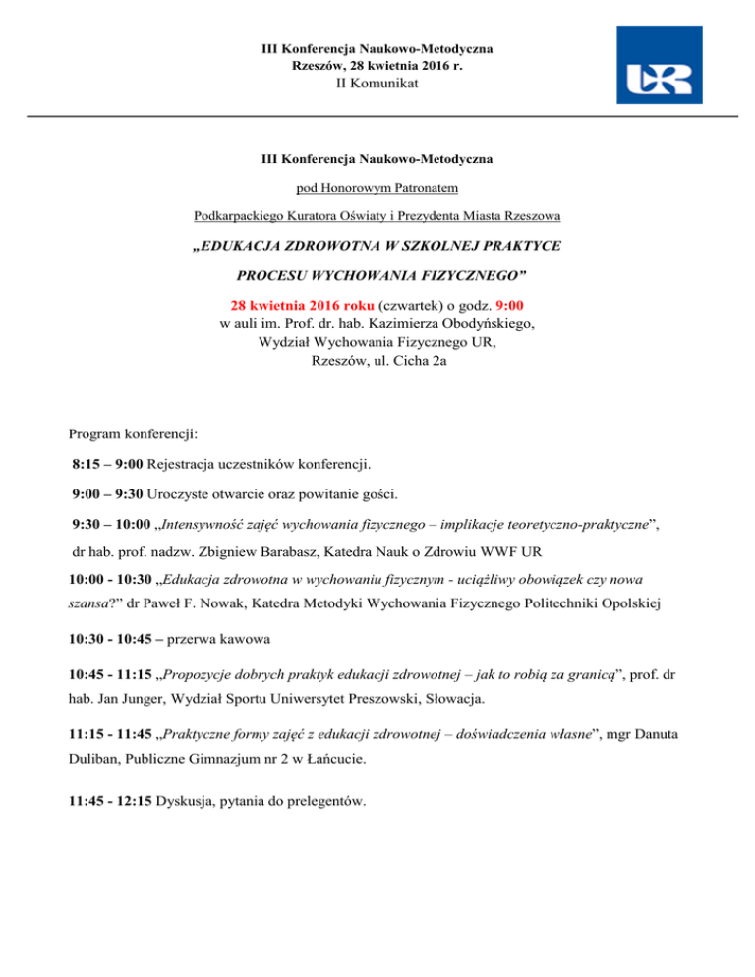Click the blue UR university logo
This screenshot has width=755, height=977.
pyautogui.click(x=659, y=65)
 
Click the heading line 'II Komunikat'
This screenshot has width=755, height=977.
pyautogui.click(x=377, y=84)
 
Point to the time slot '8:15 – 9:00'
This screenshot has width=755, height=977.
pyautogui.click(x=108, y=462)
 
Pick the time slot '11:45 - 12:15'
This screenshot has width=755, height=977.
pyautogui.click(x=114, y=801)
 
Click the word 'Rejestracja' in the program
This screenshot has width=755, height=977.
pyautogui.click(x=183, y=462)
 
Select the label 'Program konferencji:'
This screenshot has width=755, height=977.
pyautogui.click(x=137, y=432)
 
